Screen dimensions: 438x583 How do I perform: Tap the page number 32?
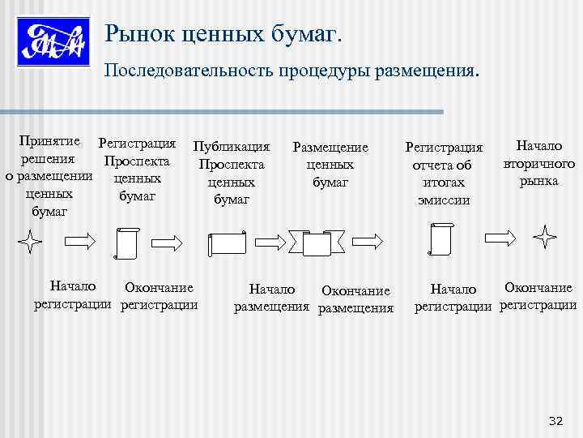click(x=555, y=420)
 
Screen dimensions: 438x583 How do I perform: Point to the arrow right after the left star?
click(x=79, y=240)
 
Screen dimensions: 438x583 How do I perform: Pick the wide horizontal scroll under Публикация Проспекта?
click(x=228, y=245)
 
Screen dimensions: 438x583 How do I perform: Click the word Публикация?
click(x=232, y=147)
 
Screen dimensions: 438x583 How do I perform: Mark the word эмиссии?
click(x=444, y=200)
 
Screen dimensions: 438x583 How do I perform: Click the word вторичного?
click(x=538, y=164)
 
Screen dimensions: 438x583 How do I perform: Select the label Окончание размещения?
click(x=355, y=299)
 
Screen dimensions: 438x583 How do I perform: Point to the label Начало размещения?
click(x=272, y=297)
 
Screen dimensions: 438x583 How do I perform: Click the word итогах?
click(x=444, y=182)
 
